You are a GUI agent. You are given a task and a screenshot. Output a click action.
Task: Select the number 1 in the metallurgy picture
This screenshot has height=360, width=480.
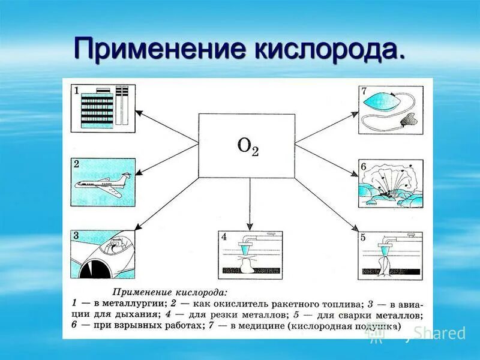coord(76,91)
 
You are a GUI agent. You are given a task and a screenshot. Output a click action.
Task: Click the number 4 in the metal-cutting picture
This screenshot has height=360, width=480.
coord(224,237)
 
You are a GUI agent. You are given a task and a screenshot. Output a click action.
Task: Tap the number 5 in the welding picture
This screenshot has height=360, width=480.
coord(363,237)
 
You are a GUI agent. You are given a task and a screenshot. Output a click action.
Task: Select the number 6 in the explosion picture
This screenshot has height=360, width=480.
coord(363,166)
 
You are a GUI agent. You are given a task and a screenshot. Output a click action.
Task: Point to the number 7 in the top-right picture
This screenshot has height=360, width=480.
coord(363,91)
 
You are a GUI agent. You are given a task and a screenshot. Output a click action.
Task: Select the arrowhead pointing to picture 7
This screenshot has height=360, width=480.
coord(355,112)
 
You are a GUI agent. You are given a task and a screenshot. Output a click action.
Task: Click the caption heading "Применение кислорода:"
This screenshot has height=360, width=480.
coord(170,292)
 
